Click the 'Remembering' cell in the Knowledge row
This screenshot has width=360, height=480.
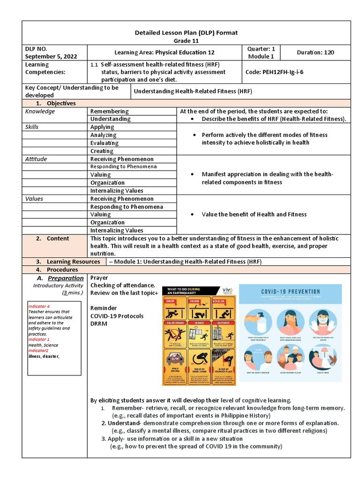[x=109, y=112]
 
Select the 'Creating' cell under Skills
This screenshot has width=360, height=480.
[x=102, y=151]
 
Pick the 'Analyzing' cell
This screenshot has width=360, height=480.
[x=104, y=135]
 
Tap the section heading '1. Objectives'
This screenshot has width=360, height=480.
[x=56, y=103]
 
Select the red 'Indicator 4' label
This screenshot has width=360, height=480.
[x=39, y=306]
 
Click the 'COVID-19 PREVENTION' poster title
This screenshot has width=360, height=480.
[x=291, y=292]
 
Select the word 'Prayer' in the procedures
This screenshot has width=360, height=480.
[x=99, y=278]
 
